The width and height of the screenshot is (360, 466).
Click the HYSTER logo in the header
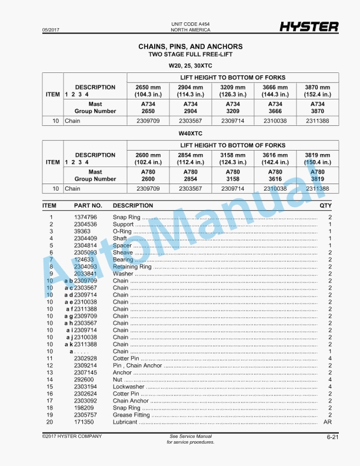(308, 26)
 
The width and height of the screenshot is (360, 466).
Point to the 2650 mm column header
(148, 91)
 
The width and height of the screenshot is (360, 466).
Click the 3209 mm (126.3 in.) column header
(233, 91)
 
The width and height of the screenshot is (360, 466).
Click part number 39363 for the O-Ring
(82, 231)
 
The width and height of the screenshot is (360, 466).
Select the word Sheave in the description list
(122, 252)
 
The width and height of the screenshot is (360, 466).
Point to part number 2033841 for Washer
(85, 274)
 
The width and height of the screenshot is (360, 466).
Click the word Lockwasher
(128, 387)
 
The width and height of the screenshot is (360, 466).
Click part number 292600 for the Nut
(84, 380)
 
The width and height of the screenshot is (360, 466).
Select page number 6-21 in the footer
(332, 437)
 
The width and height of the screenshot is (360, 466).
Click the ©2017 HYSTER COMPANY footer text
(72, 436)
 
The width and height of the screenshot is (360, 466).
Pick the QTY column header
(325, 206)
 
